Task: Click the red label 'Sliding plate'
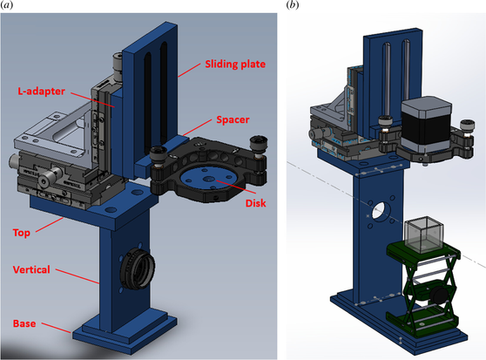[x=235, y=65]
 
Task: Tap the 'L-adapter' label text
[x=41, y=92]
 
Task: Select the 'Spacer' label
[x=233, y=119]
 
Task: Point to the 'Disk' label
[x=256, y=203]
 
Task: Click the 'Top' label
[x=22, y=233]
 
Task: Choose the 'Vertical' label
[x=31, y=269]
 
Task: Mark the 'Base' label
[x=24, y=323]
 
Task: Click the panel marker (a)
[x=6, y=5]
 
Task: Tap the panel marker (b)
[x=293, y=5]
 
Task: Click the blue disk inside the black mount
[x=210, y=180]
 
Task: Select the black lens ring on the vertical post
[x=138, y=268]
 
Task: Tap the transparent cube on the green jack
[x=424, y=234]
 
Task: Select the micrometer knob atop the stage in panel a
[x=118, y=65]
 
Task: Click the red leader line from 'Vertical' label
[x=78, y=276]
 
